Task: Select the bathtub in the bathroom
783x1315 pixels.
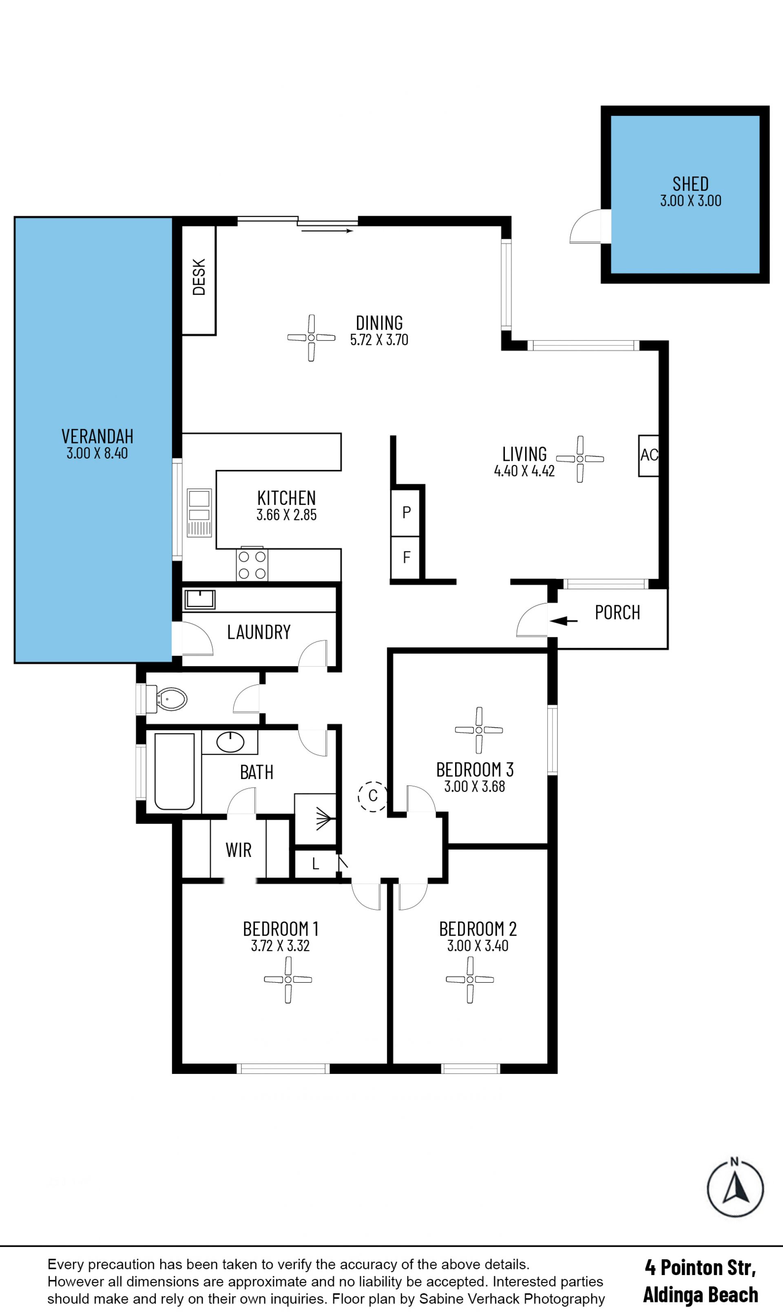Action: click(174, 771)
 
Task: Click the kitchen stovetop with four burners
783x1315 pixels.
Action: click(252, 565)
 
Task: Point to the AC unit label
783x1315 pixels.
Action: click(649, 455)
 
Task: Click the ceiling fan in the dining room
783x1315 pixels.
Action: click(311, 338)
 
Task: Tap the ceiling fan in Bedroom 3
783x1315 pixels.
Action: click(478, 731)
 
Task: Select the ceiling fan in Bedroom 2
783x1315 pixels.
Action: click(469, 979)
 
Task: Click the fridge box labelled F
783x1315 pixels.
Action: click(406, 558)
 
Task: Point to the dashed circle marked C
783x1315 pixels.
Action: click(372, 796)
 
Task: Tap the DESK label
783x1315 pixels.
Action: click(199, 277)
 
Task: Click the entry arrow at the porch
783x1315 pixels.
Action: click(563, 621)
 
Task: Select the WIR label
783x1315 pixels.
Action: click(239, 850)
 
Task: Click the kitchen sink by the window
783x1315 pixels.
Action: click(199, 512)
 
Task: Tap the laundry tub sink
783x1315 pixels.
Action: click(200, 600)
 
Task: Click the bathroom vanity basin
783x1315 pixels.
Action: click(230, 742)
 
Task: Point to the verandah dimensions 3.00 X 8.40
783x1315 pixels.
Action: click(97, 453)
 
